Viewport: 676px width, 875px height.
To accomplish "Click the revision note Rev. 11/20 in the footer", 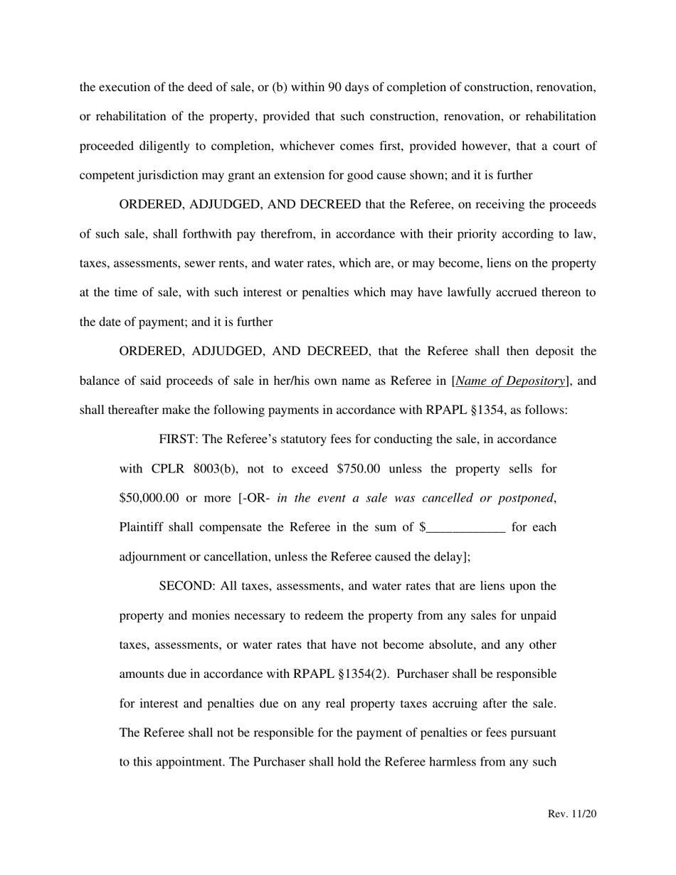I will tap(571, 814).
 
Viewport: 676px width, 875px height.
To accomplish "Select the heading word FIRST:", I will tap(179, 440).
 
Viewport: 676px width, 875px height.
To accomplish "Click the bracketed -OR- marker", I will tap(254, 498).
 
